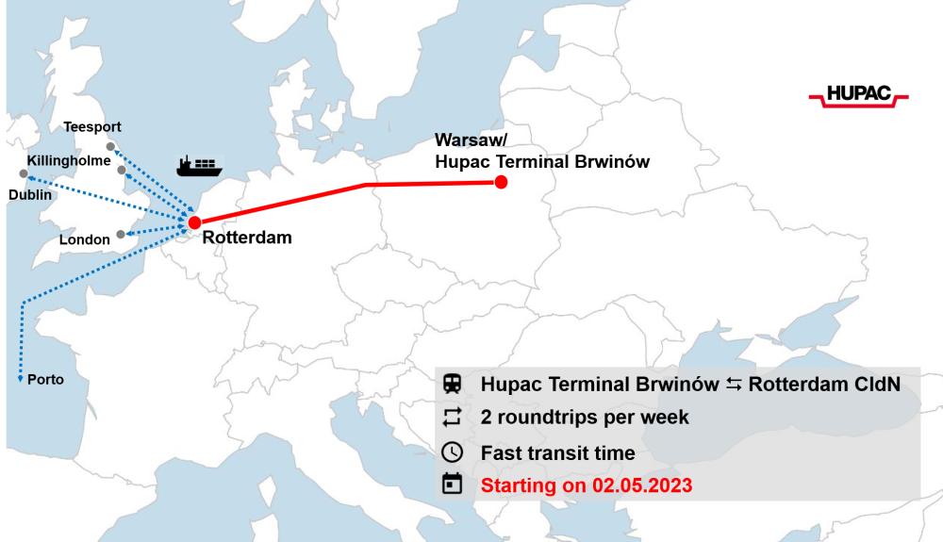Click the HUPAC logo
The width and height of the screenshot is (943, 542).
click(858, 94)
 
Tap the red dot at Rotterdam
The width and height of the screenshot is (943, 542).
click(193, 222)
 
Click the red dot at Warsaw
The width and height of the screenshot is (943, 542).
click(502, 182)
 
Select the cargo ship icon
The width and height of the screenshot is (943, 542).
click(199, 167)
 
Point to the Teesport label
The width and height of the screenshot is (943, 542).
click(91, 127)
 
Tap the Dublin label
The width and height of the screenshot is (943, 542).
click(30, 194)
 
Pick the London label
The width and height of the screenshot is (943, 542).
click(85, 239)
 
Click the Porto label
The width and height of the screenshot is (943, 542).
click(46, 380)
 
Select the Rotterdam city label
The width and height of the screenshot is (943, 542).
click(247, 238)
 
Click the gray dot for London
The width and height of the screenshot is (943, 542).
click(121, 234)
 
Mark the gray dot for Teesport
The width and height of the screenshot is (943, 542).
click(110, 146)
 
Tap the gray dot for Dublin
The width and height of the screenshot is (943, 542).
click(24, 173)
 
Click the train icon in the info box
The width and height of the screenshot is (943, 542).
click(453, 384)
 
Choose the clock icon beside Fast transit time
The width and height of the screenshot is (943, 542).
click(453, 452)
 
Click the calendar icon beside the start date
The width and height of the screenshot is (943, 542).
click(453, 485)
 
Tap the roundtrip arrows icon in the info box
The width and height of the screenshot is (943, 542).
click(453, 417)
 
